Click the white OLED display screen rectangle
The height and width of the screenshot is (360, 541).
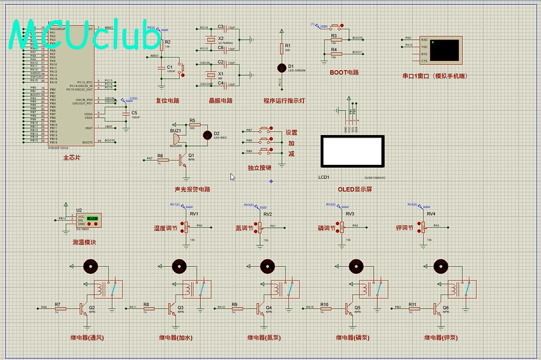[352, 150]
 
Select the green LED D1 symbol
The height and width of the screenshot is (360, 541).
[282, 67]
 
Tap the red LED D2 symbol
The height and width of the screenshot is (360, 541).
[207, 134]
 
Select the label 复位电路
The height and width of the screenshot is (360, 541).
[168, 101]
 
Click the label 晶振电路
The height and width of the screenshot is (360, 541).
[220, 101]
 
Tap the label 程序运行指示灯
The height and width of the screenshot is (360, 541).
[284, 101]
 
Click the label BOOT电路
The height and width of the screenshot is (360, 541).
[344, 72]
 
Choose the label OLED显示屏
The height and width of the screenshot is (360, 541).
[355, 189]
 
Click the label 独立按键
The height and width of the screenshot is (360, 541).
[259, 168]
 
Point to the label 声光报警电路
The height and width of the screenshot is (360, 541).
[192, 189]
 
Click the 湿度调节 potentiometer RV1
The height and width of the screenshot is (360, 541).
[187, 226]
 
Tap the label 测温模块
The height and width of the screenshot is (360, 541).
[84, 242]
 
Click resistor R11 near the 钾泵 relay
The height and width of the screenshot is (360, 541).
[412, 309]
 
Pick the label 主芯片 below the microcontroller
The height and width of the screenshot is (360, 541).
[72, 157]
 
